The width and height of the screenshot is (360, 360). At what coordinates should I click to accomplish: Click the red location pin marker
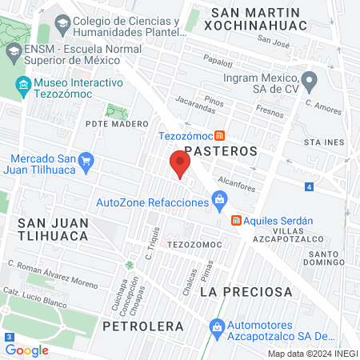(x=180, y=165)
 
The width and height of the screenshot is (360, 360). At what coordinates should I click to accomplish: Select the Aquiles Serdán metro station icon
(x=236, y=220)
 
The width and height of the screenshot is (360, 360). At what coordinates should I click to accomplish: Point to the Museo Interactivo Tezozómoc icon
(x=23, y=83)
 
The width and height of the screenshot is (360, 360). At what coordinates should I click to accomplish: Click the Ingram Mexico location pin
(x=310, y=80)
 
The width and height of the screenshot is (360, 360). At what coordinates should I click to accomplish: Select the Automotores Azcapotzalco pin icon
(x=215, y=326)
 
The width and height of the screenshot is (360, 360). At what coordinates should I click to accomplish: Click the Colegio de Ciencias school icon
(x=62, y=22)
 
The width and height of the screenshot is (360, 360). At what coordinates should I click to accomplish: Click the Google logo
(x=26, y=350)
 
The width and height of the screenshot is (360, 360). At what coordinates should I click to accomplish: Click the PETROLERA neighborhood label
(x=143, y=326)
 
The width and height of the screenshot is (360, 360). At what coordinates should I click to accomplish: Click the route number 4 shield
(x=309, y=187)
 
